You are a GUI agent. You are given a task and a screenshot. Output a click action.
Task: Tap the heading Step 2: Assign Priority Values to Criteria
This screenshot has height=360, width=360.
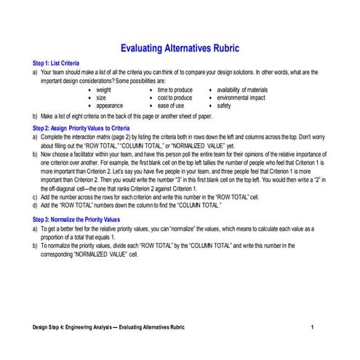click(81, 128)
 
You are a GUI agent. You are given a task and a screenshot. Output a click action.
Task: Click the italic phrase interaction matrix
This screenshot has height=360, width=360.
click(100, 136)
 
